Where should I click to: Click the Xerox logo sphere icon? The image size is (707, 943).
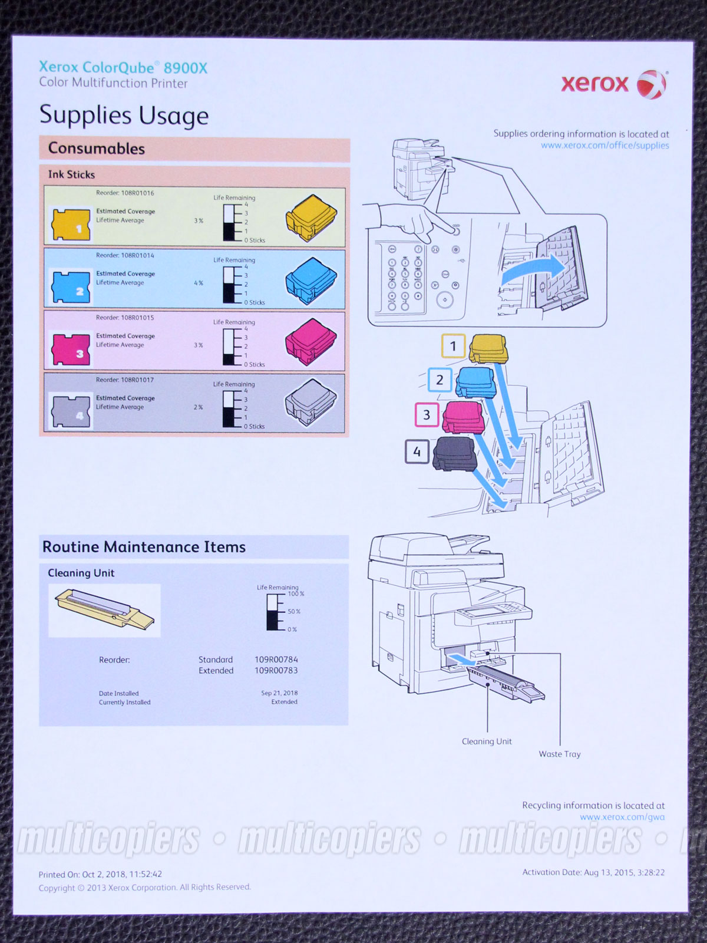pos(651,84)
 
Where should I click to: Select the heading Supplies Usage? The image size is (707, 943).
pos(124,115)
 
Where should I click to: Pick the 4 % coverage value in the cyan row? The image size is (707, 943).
pos(199,283)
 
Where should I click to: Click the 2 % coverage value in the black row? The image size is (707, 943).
pos(199,407)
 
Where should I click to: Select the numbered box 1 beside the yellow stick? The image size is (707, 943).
pos(453,347)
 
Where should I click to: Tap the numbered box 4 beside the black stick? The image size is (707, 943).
pos(417,452)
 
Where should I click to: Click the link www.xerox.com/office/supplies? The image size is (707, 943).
pos(605,146)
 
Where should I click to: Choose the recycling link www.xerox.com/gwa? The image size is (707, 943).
pos(622,817)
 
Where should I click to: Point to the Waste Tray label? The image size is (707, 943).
pos(559,754)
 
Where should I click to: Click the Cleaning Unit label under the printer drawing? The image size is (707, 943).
pos(487,741)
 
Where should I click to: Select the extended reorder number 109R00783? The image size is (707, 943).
pos(276,671)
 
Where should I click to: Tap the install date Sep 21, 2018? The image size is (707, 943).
pos(279,693)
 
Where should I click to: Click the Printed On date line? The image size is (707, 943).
pos(100,874)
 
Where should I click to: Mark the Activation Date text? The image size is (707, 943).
pos(593,872)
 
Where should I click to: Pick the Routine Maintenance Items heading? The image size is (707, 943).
pos(144,547)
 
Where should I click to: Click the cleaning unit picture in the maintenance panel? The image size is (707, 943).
pos(104,611)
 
